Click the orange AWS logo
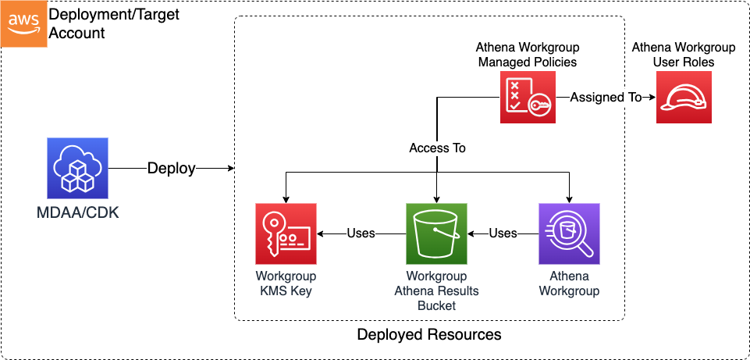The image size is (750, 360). tap(23, 23)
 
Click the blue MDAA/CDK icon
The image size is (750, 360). tap(77, 169)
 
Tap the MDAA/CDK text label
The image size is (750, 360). tap(77, 212)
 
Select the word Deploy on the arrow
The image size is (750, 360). tap(171, 169)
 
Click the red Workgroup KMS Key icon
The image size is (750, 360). tap(286, 233)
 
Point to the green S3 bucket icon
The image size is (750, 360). tap(436, 233)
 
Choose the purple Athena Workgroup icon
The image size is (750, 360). tap(569, 233)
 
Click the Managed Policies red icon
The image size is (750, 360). tap(528, 97)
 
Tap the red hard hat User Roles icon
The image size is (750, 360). tap(684, 97)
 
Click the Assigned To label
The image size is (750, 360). tap(606, 97)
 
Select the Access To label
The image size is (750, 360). tap(437, 148)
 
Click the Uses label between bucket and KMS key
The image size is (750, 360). tap(361, 233)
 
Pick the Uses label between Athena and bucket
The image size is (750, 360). tap(503, 233)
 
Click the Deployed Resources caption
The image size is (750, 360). tap(428, 335)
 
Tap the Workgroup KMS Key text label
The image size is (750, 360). tap(286, 283)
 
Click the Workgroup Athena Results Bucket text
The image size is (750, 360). tap(436, 290)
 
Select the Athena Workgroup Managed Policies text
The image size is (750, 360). tap(528, 54)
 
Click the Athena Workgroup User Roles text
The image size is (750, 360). tap(684, 54)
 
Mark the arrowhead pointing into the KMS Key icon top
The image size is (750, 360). tap(286, 199)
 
